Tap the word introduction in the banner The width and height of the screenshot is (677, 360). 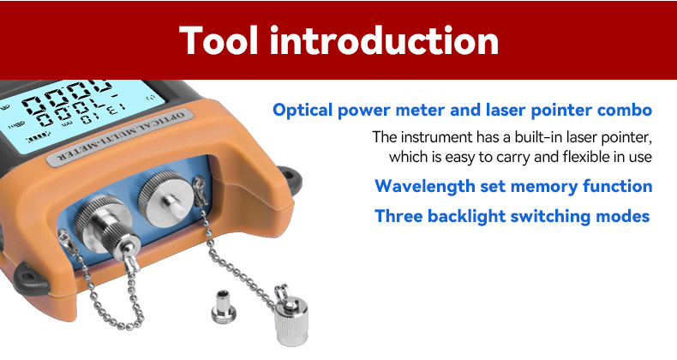(384, 40)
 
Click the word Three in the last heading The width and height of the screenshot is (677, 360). (398, 215)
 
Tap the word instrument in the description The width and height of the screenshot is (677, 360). (436, 137)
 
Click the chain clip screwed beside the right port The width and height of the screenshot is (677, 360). (201, 191)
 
